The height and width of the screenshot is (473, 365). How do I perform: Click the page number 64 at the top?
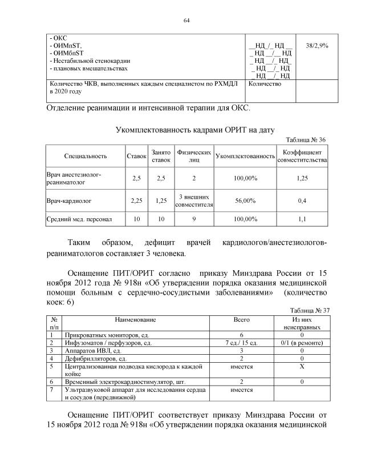(x=186, y=21)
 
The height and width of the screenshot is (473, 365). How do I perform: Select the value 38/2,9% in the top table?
(x=318, y=44)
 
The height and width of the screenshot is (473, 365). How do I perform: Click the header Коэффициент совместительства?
(x=302, y=156)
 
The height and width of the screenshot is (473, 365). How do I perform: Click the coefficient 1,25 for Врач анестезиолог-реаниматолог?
(x=302, y=179)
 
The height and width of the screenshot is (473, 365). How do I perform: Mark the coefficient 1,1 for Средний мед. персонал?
(x=302, y=219)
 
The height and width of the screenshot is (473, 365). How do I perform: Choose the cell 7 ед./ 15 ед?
(x=242, y=343)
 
